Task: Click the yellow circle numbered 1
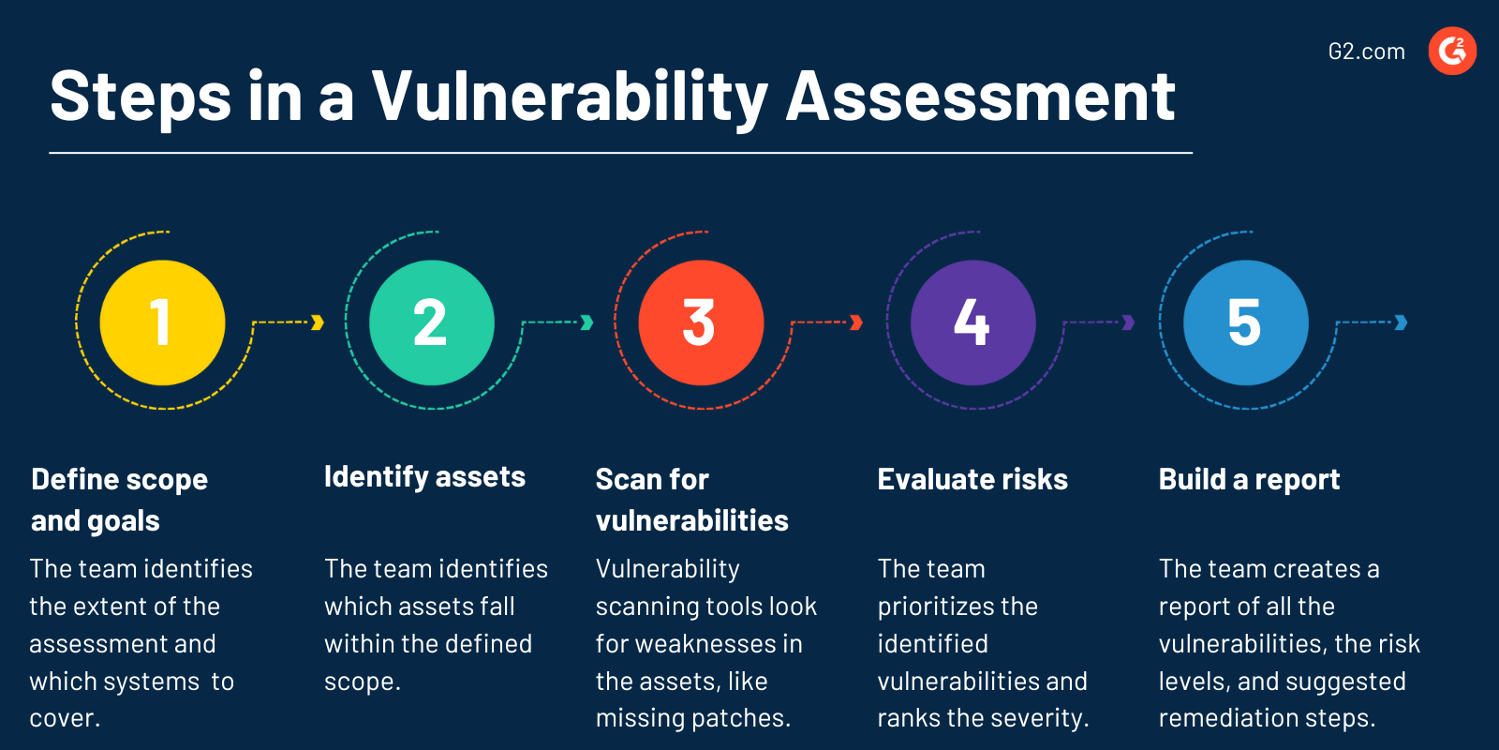(162, 322)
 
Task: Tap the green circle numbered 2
(432, 322)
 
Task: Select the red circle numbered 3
(701, 322)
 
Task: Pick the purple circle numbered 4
(972, 322)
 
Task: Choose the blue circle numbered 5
(1245, 322)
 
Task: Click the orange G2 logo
(1452, 51)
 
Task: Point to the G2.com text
(1366, 52)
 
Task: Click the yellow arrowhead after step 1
(318, 322)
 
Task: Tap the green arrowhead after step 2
(587, 322)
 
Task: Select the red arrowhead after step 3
(856, 322)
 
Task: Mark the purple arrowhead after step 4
(1129, 322)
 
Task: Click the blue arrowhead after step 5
(1402, 322)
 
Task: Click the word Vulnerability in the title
(570, 97)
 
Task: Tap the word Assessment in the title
(980, 96)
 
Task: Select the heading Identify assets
(424, 477)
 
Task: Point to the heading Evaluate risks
(972, 480)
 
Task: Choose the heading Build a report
(1249, 480)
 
